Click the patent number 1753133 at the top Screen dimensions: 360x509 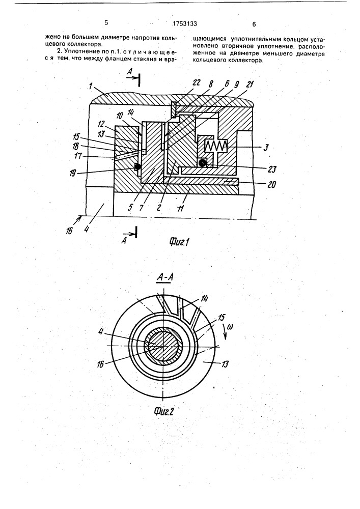185,23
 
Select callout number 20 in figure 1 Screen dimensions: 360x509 271,184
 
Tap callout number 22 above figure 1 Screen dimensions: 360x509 197,83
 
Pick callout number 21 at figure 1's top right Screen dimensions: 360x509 251,84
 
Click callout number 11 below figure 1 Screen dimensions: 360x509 181,208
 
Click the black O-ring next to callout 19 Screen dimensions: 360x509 138,166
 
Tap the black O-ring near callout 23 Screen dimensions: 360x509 203,163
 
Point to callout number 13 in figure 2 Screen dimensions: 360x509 224,364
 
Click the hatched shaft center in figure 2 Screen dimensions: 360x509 162,347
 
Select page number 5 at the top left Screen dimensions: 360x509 106,23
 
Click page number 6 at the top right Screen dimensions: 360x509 254,24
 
